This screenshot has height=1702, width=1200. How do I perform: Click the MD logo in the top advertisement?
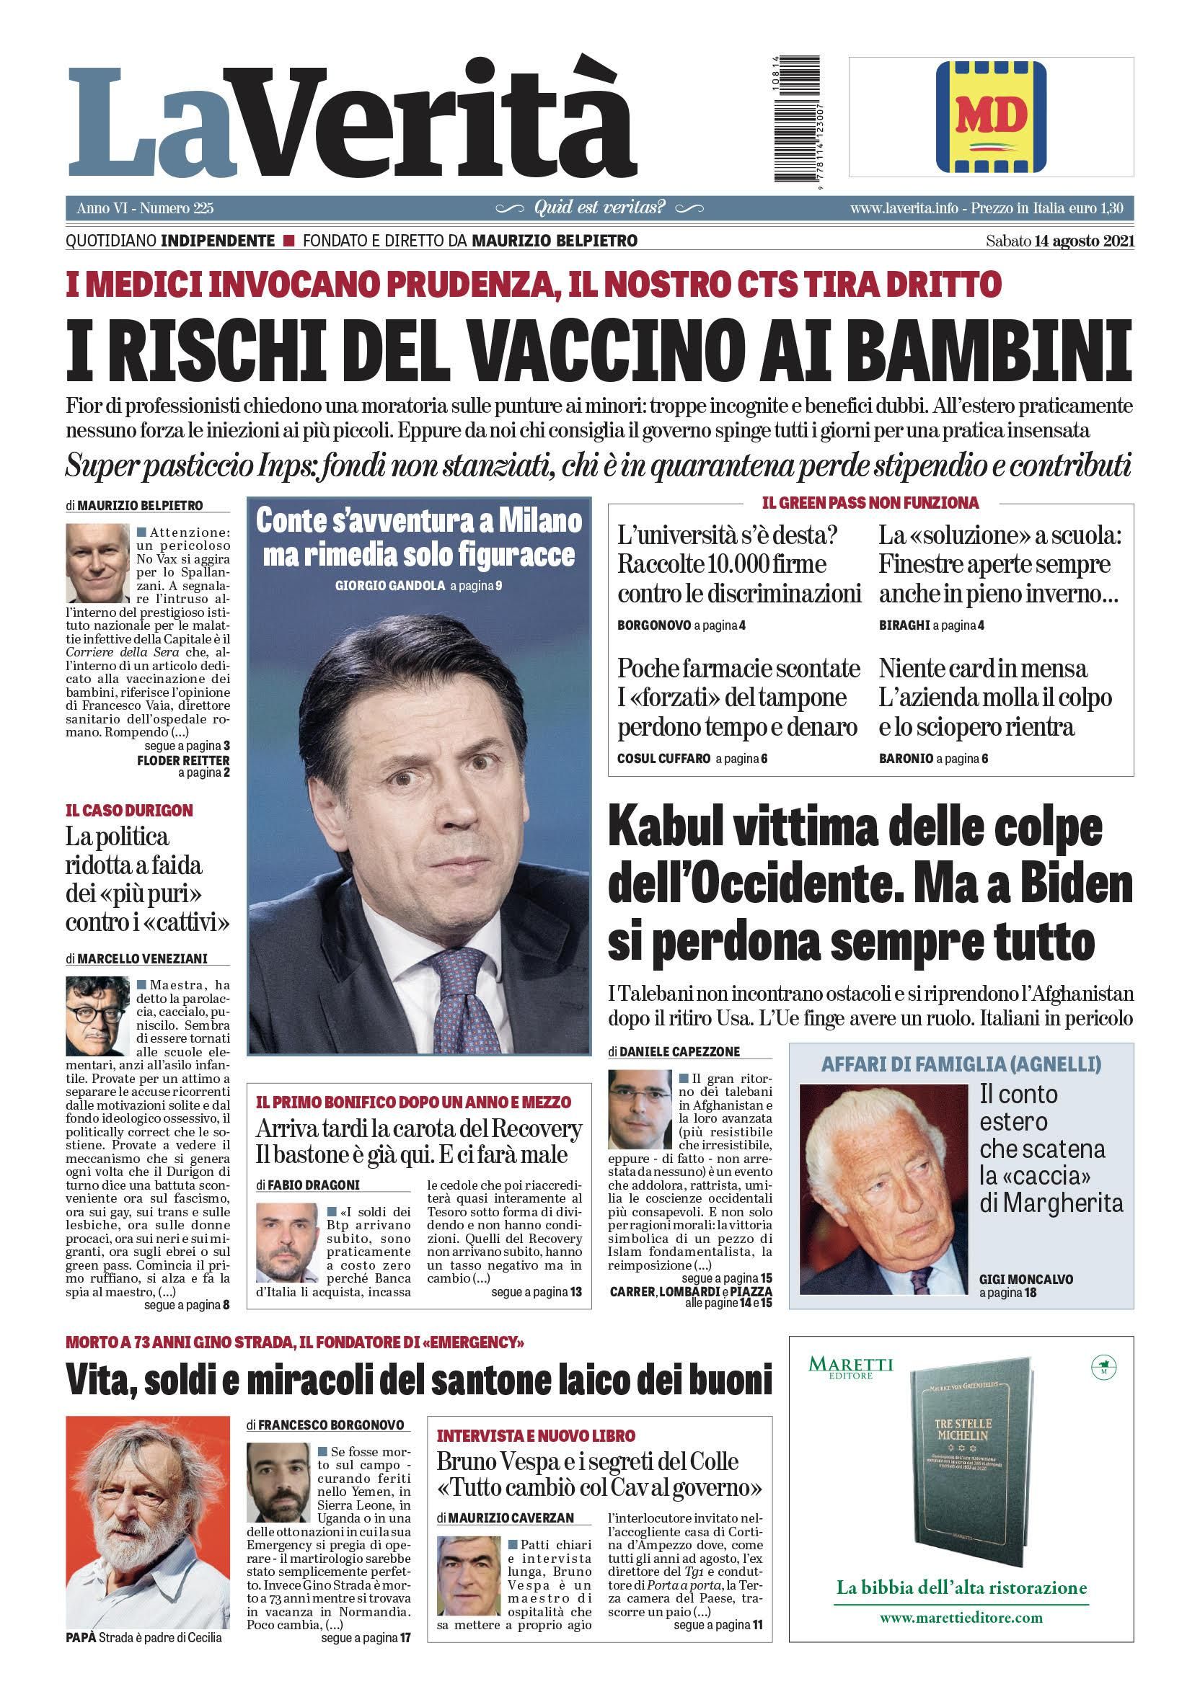pos(990,117)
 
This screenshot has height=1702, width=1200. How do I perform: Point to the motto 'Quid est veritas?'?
pos(599,208)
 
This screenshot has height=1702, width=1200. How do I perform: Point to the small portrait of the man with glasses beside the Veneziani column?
pos(97,1015)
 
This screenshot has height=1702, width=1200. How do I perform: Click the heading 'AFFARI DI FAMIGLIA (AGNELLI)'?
pos(961,1064)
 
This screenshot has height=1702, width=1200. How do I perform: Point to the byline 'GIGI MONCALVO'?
pos(1025,1280)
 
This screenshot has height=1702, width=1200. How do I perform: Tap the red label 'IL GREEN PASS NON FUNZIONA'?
pos(870,504)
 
